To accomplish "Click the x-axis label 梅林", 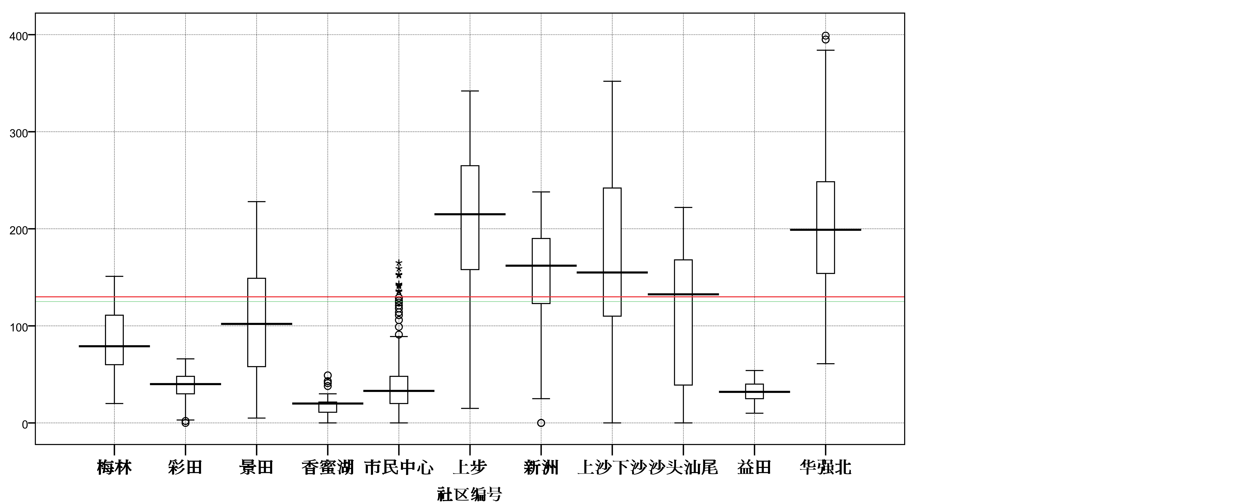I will click(x=114, y=467).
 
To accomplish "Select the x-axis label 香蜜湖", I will click(x=327, y=467).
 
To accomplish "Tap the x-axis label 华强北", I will click(x=825, y=467).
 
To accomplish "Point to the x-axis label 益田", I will click(x=754, y=467).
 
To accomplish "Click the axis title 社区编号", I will click(x=469, y=494).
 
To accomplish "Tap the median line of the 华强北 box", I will click(x=825, y=230).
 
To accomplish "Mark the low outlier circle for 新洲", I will click(x=541, y=423).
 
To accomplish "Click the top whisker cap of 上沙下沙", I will click(x=612, y=81).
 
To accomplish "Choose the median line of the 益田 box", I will click(x=754, y=392).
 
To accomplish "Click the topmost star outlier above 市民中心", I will click(x=399, y=263).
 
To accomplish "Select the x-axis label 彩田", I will click(x=185, y=467).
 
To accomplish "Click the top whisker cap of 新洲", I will click(x=541, y=192).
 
